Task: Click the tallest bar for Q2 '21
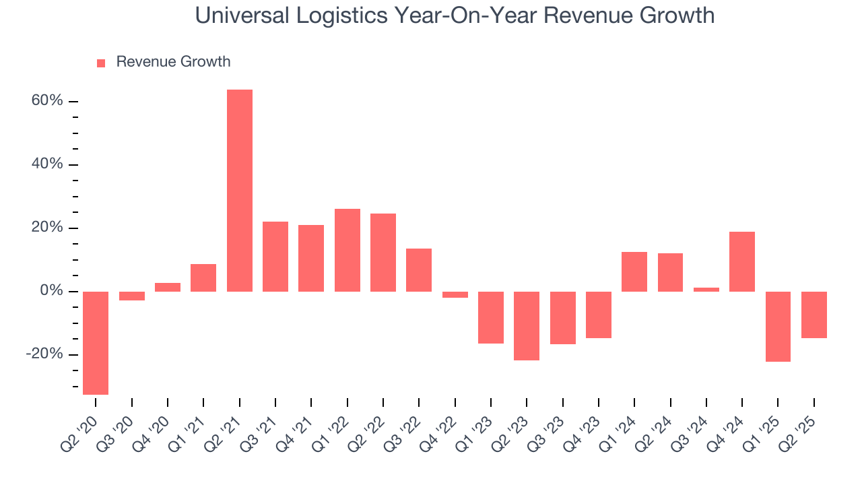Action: point(240,190)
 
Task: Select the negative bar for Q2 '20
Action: point(96,342)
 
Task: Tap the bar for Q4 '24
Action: point(742,261)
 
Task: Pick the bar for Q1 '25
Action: point(778,327)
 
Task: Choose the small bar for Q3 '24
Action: point(706,290)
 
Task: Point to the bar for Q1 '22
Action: point(347,250)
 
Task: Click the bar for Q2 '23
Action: point(527,326)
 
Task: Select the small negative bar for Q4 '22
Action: point(455,294)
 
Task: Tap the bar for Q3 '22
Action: point(419,270)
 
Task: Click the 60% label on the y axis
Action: point(46,101)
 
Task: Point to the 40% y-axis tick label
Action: point(46,164)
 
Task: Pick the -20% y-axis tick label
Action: point(44,354)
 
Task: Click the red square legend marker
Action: point(101,63)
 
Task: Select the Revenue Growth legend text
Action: point(173,62)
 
